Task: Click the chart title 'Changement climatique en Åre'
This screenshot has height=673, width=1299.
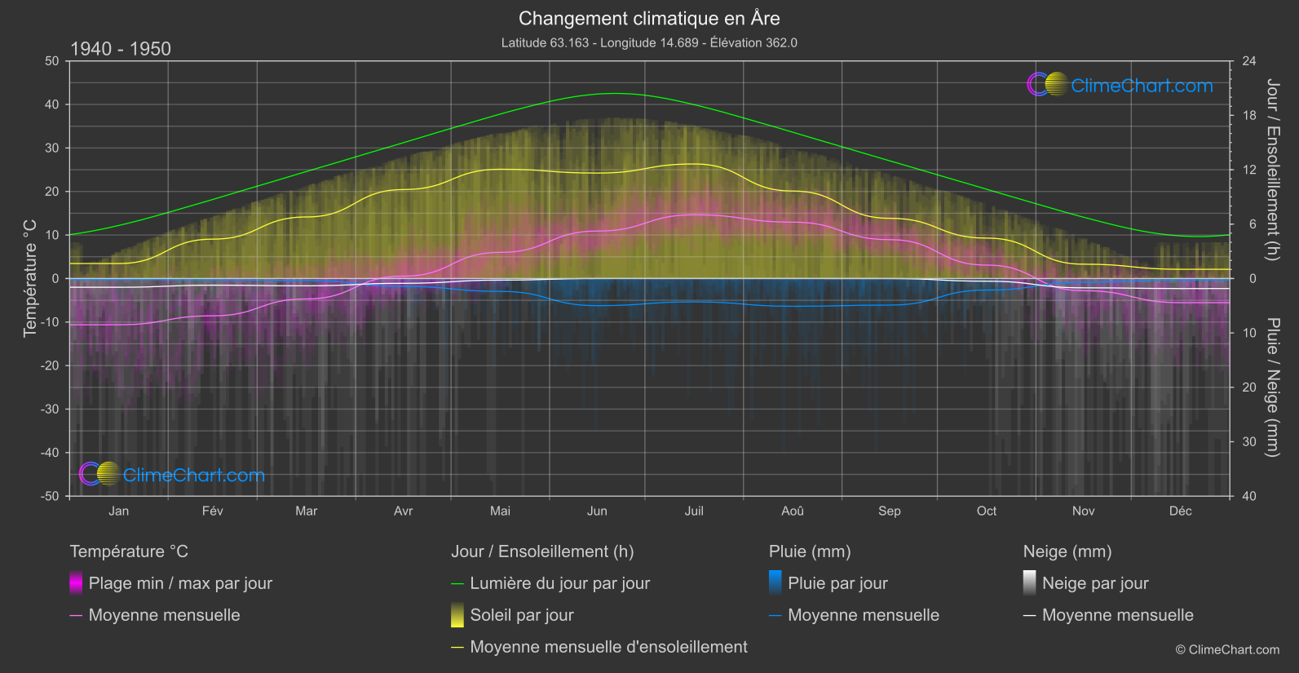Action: pyautogui.click(x=649, y=18)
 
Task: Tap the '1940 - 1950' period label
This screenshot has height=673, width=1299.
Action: pyautogui.click(x=121, y=49)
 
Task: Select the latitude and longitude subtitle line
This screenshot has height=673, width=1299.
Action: pyautogui.click(x=649, y=42)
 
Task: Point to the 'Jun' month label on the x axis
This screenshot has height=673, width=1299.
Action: pyautogui.click(x=597, y=511)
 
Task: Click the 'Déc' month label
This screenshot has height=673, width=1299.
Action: pyautogui.click(x=1180, y=511)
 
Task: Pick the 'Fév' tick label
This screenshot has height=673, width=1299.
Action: pyautogui.click(x=212, y=511)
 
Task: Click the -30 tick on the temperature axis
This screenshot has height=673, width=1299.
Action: pyautogui.click(x=51, y=409)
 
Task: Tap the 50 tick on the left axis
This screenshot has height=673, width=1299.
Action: pyautogui.click(x=52, y=61)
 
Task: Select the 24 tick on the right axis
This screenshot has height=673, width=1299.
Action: pyautogui.click(x=1248, y=61)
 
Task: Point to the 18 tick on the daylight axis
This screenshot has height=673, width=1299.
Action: pyautogui.click(x=1248, y=116)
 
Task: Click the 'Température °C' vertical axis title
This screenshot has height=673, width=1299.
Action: pyautogui.click(x=30, y=277)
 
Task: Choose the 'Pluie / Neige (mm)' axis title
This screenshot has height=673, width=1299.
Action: pyautogui.click(x=1271, y=387)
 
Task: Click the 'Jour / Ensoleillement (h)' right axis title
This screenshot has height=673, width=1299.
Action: pyautogui.click(x=1271, y=170)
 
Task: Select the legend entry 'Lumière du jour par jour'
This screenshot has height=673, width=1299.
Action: pyautogui.click(x=559, y=583)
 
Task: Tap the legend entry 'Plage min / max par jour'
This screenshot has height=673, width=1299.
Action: pyautogui.click(x=180, y=583)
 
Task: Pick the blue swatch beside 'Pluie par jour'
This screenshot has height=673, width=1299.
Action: pyautogui.click(x=775, y=582)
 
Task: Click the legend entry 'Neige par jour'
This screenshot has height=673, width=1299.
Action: pyautogui.click(x=1094, y=583)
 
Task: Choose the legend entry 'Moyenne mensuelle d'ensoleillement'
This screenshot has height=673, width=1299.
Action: pyautogui.click(x=608, y=647)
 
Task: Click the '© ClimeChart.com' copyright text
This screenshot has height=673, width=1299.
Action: pyautogui.click(x=1227, y=649)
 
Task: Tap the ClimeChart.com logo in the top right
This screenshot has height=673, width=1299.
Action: pyautogui.click(x=1120, y=85)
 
